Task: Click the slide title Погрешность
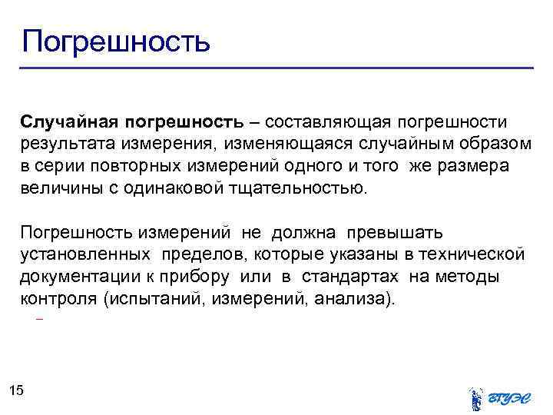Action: click(x=115, y=40)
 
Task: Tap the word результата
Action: click(x=63, y=145)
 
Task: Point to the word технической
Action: click(x=470, y=254)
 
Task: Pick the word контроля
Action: click(x=58, y=298)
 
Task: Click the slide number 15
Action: click(x=17, y=391)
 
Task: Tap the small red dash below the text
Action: click(x=39, y=318)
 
